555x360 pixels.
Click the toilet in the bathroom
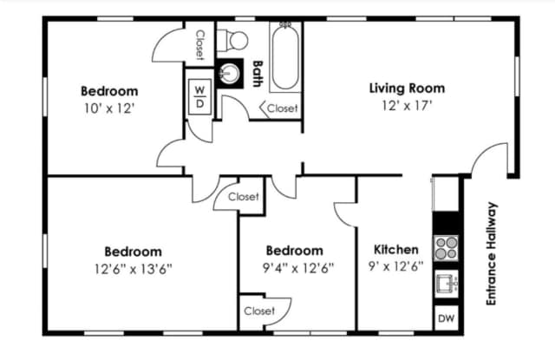click(x=232, y=40)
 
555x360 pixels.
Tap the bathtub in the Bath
click(x=285, y=56)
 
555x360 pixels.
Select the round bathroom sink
click(x=230, y=74)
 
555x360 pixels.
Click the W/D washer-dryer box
click(x=200, y=96)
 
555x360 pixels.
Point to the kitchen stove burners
click(x=446, y=248)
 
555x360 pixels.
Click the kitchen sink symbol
click(x=446, y=283)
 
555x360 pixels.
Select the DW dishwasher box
click(x=446, y=318)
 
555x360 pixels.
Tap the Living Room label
click(x=407, y=88)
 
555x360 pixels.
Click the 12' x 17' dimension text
click(x=407, y=105)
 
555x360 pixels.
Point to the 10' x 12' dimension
click(x=109, y=108)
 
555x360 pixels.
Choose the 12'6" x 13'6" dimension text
click(x=133, y=269)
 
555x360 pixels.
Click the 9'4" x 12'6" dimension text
click(x=298, y=268)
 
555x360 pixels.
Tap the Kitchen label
click(x=396, y=249)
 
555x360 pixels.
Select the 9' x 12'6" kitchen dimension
click(x=396, y=265)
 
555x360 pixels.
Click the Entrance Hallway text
click(x=492, y=253)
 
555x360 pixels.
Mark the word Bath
click(x=258, y=74)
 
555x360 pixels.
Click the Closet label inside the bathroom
click(x=282, y=108)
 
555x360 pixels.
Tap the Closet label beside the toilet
click(x=200, y=45)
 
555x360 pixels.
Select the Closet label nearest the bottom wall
click(x=259, y=311)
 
